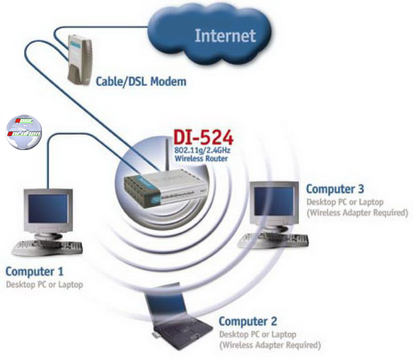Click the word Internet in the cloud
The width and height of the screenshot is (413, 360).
click(224, 35)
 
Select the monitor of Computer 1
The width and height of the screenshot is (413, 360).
click(46, 211)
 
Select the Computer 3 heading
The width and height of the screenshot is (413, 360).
click(335, 189)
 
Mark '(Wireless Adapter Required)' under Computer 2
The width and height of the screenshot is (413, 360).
click(270, 345)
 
